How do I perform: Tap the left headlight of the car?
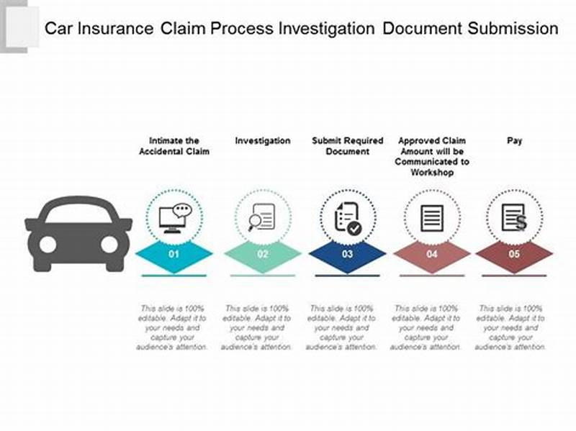coord(48,245)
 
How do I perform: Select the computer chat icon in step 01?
coord(175,217)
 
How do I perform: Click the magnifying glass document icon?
coord(261,217)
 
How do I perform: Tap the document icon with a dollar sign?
coord(514,218)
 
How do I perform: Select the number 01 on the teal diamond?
coord(174,254)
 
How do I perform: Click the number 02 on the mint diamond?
coord(263,254)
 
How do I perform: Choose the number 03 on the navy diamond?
coord(348,254)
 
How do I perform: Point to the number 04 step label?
coord(432,254)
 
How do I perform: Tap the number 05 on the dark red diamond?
coord(514,254)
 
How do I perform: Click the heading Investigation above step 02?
coord(263,141)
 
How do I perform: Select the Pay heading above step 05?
coord(514,141)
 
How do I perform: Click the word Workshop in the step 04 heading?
coord(432,173)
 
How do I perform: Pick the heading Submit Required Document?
coord(348,146)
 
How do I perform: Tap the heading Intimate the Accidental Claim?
coord(174,146)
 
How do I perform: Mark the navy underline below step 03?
coord(348,276)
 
